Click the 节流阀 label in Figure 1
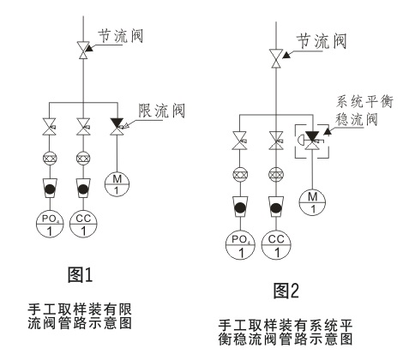coord(120,36)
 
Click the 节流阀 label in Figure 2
coord(322,41)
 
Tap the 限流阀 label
coord(161,111)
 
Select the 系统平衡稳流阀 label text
coord(364,111)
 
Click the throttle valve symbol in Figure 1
coord(83,51)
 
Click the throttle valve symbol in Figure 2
coord(276,58)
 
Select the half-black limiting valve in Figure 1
coord(117,126)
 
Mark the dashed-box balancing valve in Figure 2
coord(312,141)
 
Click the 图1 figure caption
coord(81,274)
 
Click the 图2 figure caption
coord(286,291)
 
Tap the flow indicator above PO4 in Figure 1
coord(50,189)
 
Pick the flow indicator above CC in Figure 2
coord(276,207)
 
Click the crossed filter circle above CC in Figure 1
coord(83,158)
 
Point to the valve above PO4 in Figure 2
coord(240,141)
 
